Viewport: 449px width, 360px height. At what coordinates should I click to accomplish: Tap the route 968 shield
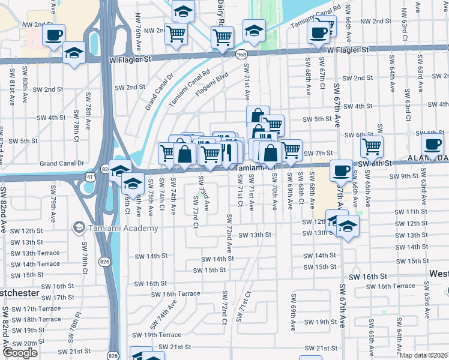coord(241,53)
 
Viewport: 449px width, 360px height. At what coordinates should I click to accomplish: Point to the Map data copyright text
coord(424,355)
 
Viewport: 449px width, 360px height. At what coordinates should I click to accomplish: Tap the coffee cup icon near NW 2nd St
coord(53,35)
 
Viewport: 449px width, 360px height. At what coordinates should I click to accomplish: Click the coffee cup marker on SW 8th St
coord(341,170)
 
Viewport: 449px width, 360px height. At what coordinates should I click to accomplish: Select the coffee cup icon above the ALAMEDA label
coord(432,143)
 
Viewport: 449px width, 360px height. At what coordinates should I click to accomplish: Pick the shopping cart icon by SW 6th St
coord(372,145)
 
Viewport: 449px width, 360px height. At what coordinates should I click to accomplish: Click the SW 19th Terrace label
coord(157,335)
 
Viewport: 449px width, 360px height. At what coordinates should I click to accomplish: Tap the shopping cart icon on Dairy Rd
coord(223,37)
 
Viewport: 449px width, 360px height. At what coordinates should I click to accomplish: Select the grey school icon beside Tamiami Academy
coord(79,227)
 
